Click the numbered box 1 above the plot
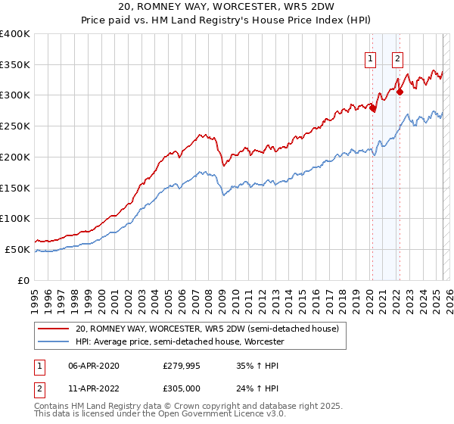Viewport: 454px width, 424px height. click(x=371, y=59)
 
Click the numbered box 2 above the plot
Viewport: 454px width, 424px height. click(x=397, y=59)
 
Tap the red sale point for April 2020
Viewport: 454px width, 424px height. click(x=372, y=108)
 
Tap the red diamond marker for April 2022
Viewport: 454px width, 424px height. click(x=400, y=92)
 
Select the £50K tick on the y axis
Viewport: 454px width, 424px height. click(x=17, y=249)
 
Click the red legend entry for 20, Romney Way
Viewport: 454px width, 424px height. click(x=211, y=329)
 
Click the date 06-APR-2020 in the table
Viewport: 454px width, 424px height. click(x=94, y=366)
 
